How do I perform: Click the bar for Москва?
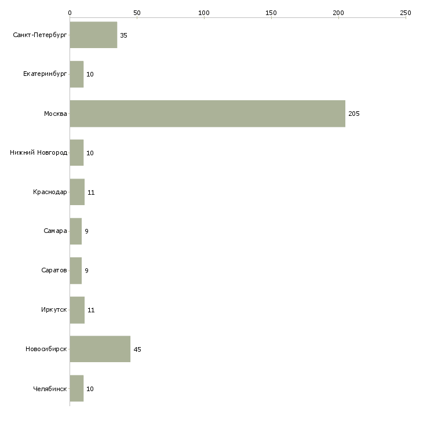pyautogui.click(x=207, y=114)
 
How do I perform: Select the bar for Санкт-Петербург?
pyautogui.click(x=93, y=35)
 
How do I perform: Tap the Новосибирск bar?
pyautogui.click(x=100, y=349)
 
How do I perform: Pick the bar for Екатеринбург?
pyautogui.click(x=76, y=74)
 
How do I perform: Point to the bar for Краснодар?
pyautogui.click(x=77, y=192)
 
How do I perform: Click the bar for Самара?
pyautogui.click(x=75, y=231)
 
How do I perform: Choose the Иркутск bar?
pyautogui.click(x=77, y=310)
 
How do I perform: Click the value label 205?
pyautogui.click(x=354, y=114)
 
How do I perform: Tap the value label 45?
pyautogui.click(x=137, y=349)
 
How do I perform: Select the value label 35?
pyautogui.click(x=123, y=35)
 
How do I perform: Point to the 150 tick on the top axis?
pyautogui.click(x=271, y=12)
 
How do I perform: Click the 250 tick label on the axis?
pyautogui.click(x=406, y=12)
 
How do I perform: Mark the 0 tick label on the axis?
pyautogui.click(x=70, y=12)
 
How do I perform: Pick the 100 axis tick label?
pyautogui.click(x=204, y=12)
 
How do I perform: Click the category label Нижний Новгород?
pyautogui.click(x=38, y=153)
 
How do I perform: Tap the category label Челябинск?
pyautogui.click(x=50, y=389)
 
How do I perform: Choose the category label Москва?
pyautogui.click(x=56, y=114)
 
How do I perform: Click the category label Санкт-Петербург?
pyautogui.click(x=40, y=35)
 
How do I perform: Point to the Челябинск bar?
pyautogui.click(x=76, y=388)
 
